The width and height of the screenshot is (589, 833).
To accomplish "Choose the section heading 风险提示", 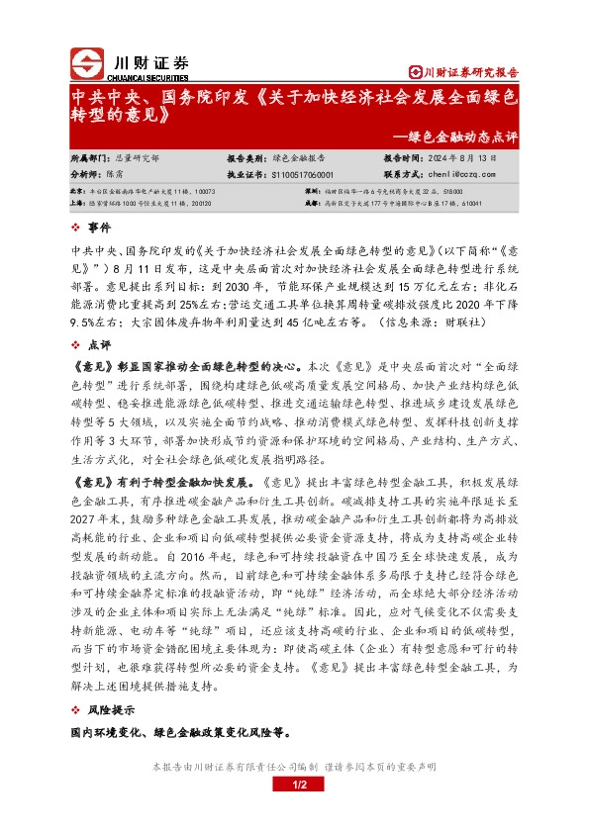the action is tap(112, 710).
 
